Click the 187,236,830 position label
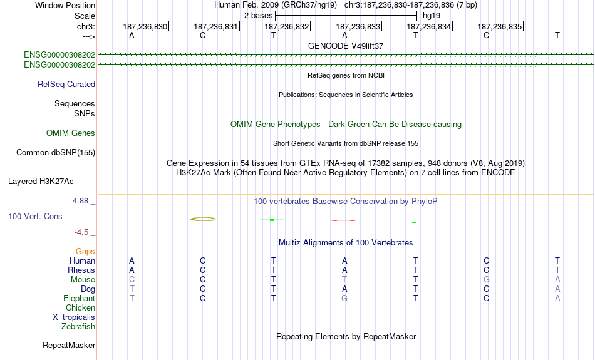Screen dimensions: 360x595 click(145, 27)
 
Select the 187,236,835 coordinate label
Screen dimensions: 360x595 click(499, 27)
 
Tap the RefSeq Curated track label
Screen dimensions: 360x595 click(66, 85)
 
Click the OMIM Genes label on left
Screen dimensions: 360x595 click(71, 133)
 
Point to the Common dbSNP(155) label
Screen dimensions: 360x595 click(56, 153)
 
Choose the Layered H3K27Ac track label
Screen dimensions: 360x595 click(41, 182)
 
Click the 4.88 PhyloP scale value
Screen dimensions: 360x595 click(81, 201)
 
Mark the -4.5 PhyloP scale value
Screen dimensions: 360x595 click(84, 232)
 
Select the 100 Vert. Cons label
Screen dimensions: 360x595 click(35, 217)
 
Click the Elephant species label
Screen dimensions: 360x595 click(80, 299)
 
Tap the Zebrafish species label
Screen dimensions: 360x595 click(78, 327)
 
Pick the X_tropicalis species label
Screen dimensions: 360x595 click(74, 317)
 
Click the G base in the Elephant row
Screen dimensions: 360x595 click(344, 299)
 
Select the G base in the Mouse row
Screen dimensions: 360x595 click(486, 280)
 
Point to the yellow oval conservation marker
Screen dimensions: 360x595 click(203, 219)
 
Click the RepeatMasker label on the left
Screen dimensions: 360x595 click(69, 346)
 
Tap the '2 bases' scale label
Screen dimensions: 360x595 click(257, 15)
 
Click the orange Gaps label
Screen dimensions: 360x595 click(85, 252)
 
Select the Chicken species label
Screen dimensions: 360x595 click(80, 308)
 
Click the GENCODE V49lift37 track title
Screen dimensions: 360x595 click(346, 46)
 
